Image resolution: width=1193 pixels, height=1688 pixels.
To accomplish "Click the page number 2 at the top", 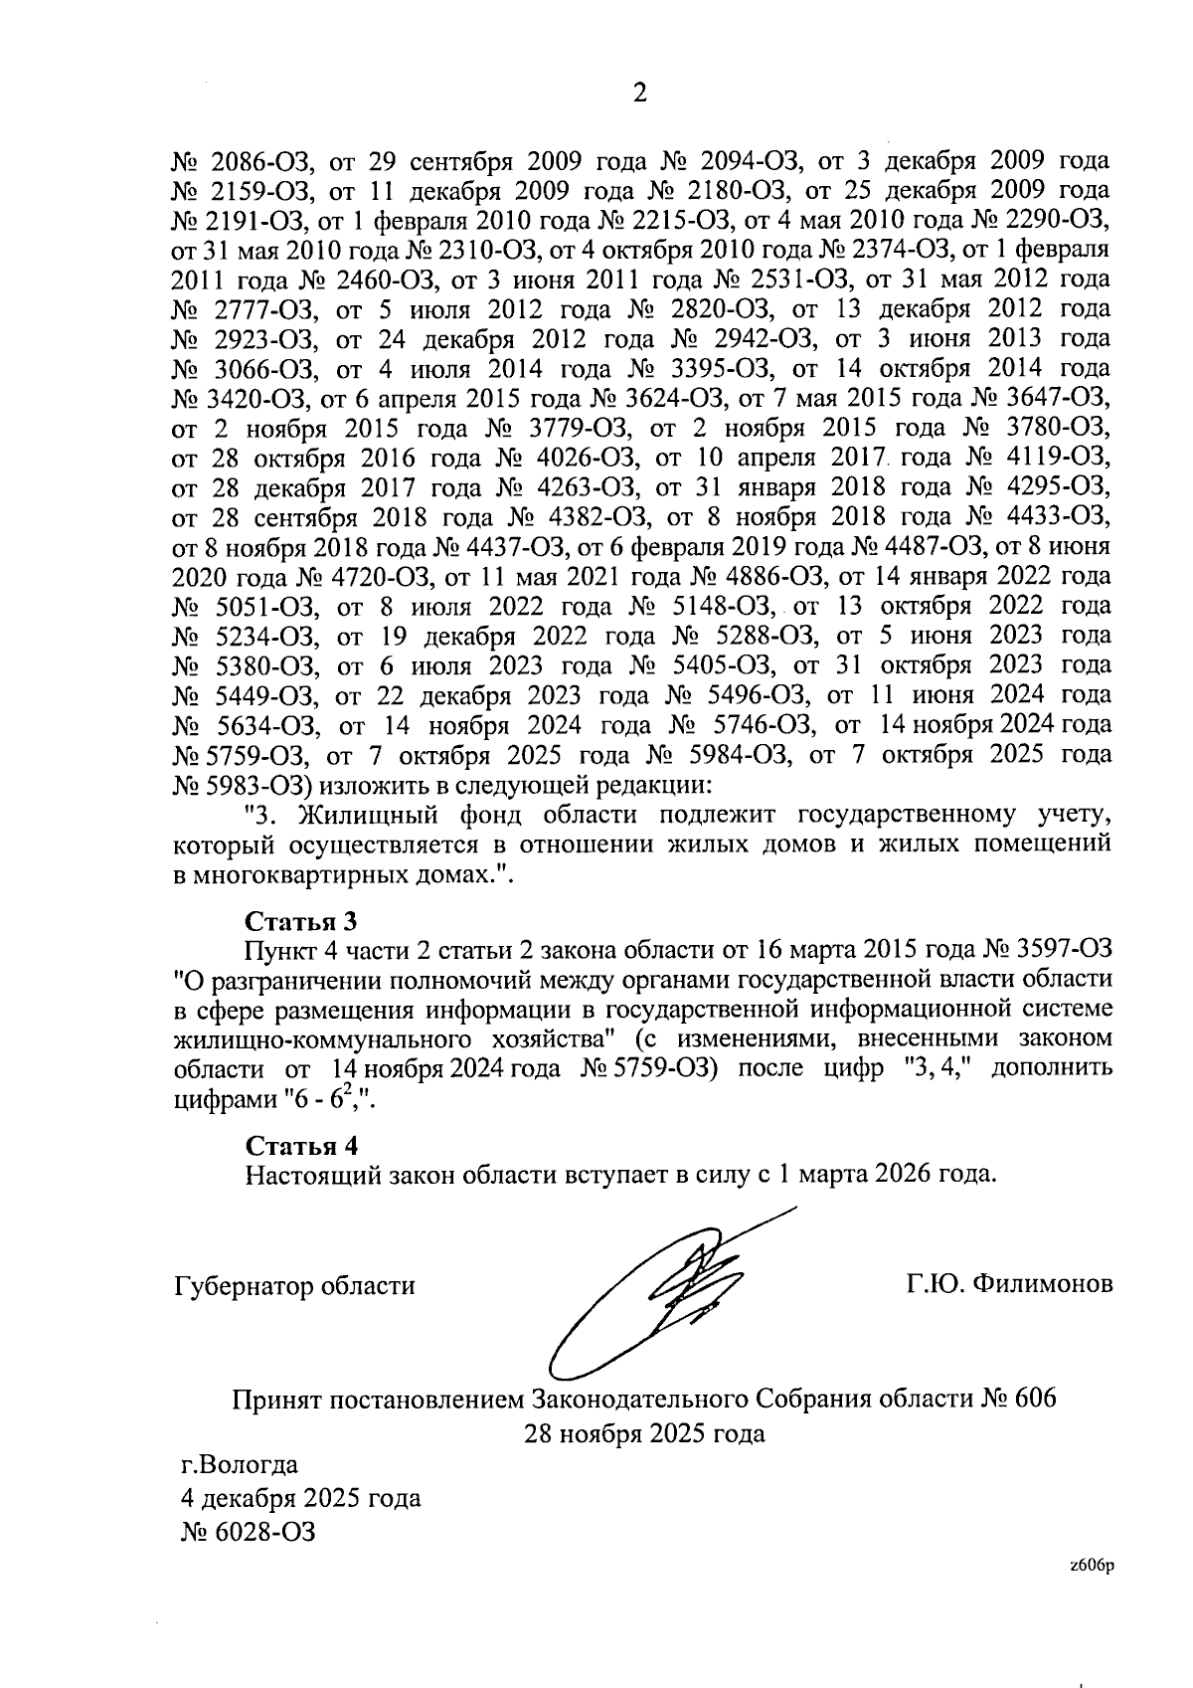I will [639, 94].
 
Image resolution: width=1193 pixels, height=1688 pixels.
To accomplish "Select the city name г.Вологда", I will [239, 1464].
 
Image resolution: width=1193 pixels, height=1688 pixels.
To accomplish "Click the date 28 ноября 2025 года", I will [645, 1433].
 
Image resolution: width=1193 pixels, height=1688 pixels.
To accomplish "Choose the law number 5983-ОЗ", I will [252, 786].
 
